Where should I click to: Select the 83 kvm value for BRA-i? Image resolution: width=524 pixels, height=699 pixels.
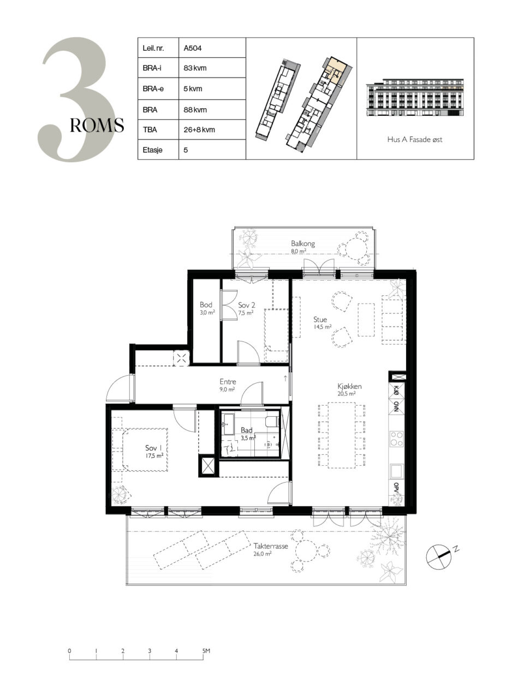pyautogui.click(x=195, y=68)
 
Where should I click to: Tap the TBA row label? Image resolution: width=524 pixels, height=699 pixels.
pyautogui.click(x=150, y=129)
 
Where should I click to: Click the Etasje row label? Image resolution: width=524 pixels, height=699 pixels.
pyautogui.click(x=153, y=150)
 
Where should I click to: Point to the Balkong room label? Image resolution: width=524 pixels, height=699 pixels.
pyautogui.click(x=303, y=244)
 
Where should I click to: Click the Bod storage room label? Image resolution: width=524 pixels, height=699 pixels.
pyautogui.click(x=206, y=305)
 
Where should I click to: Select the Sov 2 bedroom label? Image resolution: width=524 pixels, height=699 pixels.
pyautogui.click(x=247, y=305)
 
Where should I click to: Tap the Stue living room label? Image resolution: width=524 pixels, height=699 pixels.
pyautogui.click(x=320, y=319)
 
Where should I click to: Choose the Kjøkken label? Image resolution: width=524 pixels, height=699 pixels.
pyautogui.click(x=349, y=386)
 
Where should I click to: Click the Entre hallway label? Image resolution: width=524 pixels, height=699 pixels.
pyautogui.click(x=228, y=382)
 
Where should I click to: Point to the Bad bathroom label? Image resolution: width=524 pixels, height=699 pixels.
pyautogui.click(x=246, y=430)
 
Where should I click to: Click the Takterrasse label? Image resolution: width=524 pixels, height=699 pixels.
pyautogui.click(x=271, y=546)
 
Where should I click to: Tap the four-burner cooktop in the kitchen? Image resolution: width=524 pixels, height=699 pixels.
pyautogui.click(x=397, y=439)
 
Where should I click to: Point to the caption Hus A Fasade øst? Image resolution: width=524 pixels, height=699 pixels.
pyautogui.click(x=414, y=139)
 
